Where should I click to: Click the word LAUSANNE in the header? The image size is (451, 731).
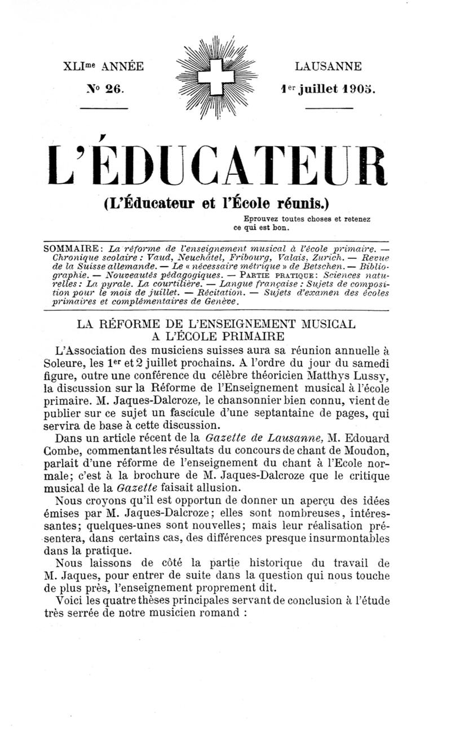coord(329,67)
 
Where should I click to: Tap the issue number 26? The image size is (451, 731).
coord(112,90)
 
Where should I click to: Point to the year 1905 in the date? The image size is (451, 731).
coord(359,90)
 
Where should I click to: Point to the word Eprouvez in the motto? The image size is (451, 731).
coord(263,219)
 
